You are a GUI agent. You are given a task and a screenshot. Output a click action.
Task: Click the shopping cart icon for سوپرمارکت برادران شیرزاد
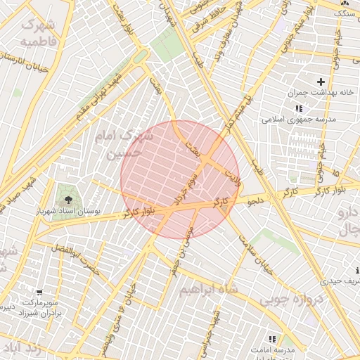pyautogui.click(x=40, y=292)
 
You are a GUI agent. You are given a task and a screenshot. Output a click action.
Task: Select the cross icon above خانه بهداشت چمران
pyautogui.click(x=321, y=82)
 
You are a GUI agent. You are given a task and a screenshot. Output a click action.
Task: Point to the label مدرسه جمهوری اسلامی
pyautogui.click(x=299, y=120)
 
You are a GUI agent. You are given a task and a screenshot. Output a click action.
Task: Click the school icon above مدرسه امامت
pyautogui.click(x=272, y=339)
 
